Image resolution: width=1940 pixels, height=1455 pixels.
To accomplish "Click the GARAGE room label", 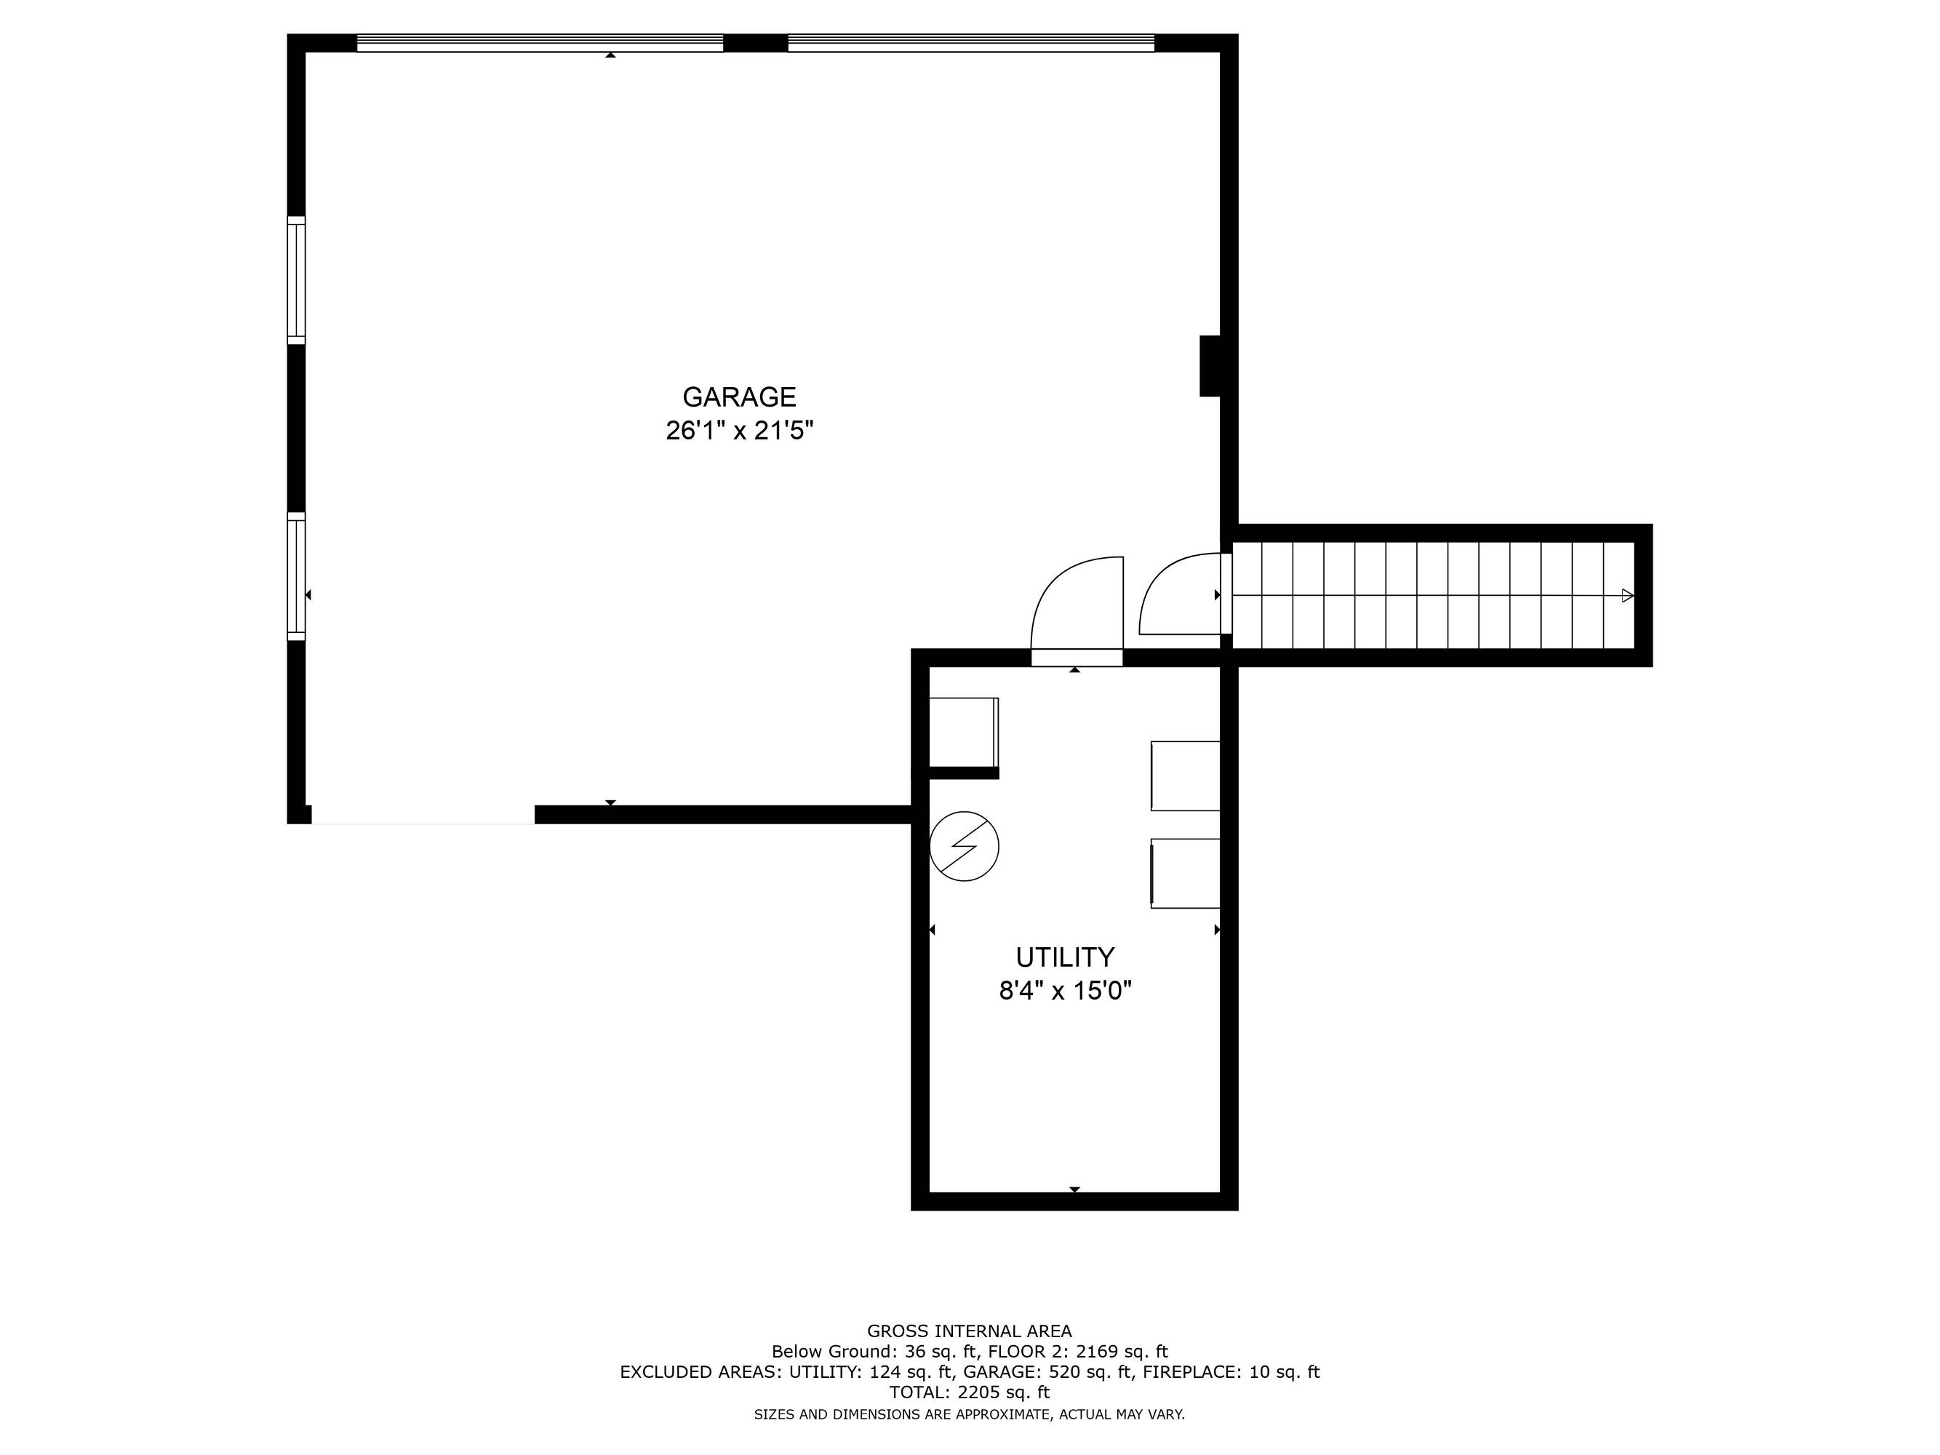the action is [739, 397].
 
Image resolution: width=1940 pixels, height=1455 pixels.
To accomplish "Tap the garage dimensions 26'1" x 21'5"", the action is [739, 431].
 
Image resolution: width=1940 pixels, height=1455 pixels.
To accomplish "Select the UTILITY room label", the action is [1065, 957].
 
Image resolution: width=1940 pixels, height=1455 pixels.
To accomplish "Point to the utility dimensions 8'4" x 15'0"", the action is [1065, 990].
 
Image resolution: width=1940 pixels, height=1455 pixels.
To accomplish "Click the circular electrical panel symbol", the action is [964, 846].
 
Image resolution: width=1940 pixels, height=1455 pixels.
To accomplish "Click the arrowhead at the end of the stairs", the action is [1628, 596].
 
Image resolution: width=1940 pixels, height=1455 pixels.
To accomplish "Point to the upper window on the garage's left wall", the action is [297, 280].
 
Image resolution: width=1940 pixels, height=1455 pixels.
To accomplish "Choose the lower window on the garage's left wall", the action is [297, 576].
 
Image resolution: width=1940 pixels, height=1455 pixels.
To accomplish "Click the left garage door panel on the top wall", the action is [540, 43].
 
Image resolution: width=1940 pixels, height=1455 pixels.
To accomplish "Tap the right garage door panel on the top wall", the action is [971, 43].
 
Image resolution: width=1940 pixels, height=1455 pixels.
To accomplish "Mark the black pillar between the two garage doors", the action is [755, 43].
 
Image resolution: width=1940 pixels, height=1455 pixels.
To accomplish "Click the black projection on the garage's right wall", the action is [1210, 366].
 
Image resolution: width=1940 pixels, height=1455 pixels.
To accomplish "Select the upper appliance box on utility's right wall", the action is [1186, 776].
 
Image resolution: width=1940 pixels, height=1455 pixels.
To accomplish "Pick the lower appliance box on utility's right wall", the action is [1186, 874].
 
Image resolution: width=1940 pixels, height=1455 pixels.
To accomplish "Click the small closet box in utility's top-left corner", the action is [964, 733].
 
